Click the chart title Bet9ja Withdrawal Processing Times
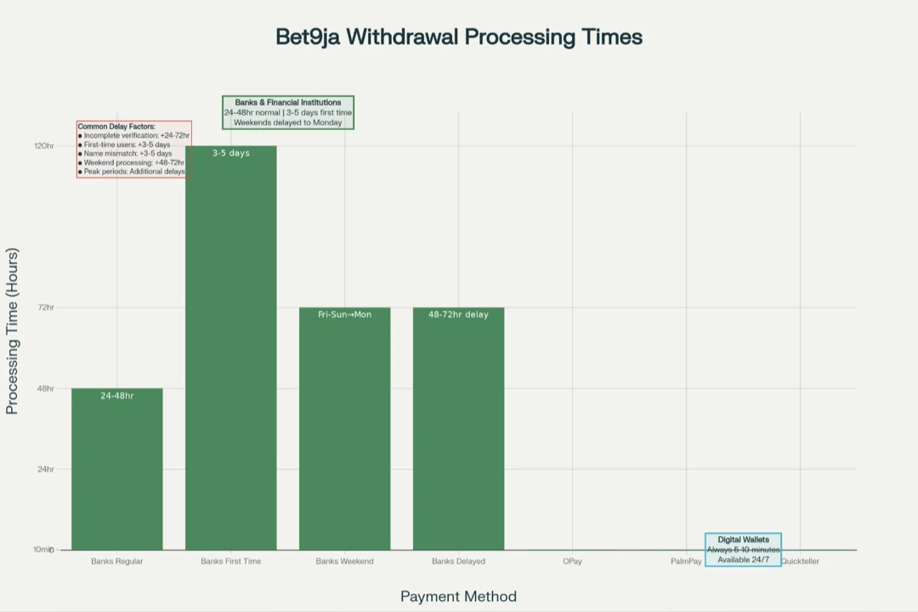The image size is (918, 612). coord(458,37)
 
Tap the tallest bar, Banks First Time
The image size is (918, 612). coord(231,348)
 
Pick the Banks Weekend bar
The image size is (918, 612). coord(344,429)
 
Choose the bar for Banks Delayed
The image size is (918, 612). coord(458,429)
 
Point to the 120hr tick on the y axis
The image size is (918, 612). coord(44,146)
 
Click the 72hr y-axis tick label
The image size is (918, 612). coord(46,308)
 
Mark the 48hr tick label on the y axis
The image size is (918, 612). coord(46,388)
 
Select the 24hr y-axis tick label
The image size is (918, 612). coord(46,469)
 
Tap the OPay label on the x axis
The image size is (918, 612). coord(572,562)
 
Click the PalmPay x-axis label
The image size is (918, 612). coord(686,562)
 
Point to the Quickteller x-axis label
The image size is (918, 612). coord(800,562)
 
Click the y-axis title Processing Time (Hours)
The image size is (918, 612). coord(12,331)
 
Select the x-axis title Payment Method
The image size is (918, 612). coord(458,597)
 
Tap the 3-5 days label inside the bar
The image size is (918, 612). coord(231,154)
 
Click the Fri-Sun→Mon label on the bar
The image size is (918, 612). coord(344,314)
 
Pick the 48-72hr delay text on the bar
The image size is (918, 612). coord(458,314)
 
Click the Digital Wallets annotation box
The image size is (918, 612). coord(743,549)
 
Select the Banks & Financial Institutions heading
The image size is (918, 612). coord(288,103)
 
